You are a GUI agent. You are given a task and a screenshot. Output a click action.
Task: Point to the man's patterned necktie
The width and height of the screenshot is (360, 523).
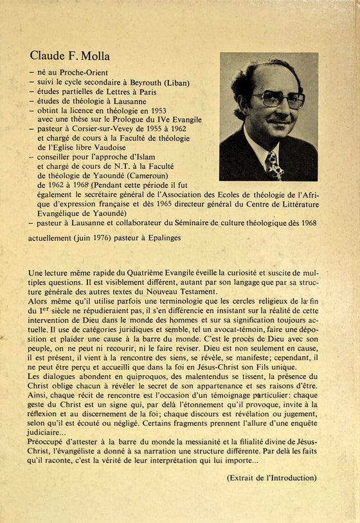pos(274,165)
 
